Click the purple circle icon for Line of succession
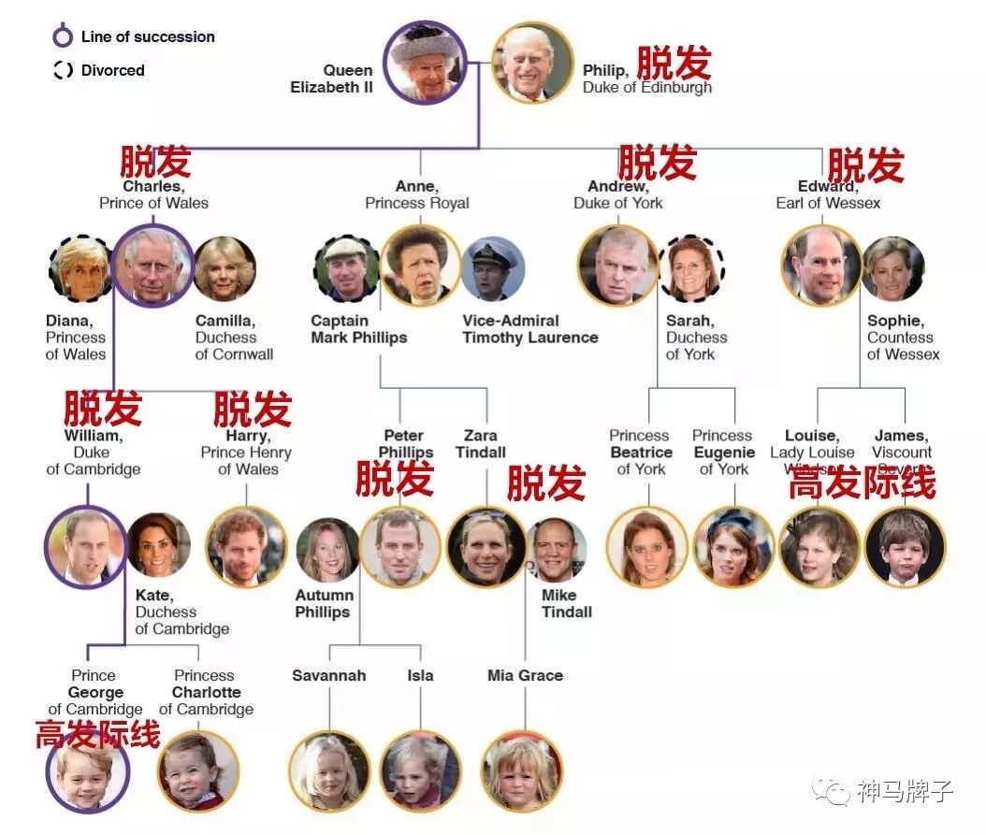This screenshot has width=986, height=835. pos(63,37)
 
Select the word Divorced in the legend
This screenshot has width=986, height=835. pos(112,70)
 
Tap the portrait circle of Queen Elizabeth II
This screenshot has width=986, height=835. pos(426,63)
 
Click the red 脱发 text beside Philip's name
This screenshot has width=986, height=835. pos(674,64)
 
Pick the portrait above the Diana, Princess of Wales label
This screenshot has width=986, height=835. pos(80,268)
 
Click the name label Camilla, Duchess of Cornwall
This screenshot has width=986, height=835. pos(234,338)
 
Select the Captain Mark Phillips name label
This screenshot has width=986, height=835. pos(358,329)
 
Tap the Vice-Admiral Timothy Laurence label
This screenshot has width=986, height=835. pos(529,329)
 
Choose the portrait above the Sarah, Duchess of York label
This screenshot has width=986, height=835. pos(693,268)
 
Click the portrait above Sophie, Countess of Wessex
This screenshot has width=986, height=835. pos(892,268)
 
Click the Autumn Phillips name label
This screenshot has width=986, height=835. pos(324,604)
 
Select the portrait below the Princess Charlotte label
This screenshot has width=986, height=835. pos(198,770)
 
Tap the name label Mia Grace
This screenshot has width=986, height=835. pos(525,675)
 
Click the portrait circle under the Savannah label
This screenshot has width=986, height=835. pos(328,770)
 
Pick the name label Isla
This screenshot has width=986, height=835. pos(420,675)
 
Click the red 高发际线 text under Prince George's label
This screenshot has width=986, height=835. pos(97,735)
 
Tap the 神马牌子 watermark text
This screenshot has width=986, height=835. pos(904,791)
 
